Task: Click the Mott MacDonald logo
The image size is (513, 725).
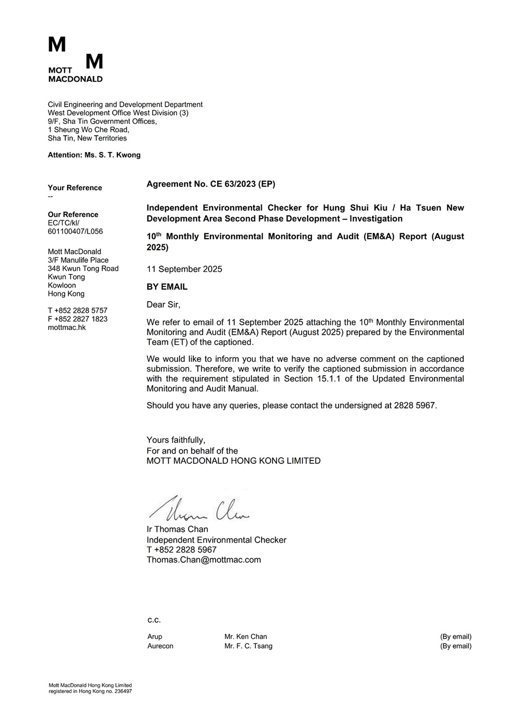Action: [x=76, y=59]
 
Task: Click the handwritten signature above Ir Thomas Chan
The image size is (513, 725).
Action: [x=200, y=509]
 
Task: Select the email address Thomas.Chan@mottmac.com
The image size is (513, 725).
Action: [x=204, y=560]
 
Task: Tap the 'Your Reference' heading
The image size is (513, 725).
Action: [x=75, y=188]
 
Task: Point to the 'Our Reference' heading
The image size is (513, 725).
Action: [x=73, y=214]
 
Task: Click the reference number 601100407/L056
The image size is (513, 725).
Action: [x=76, y=232]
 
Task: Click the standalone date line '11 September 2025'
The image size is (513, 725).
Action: [x=185, y=269]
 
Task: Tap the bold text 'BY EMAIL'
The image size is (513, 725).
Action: [x=167, y=287]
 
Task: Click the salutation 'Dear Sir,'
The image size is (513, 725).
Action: [x=163, y=304]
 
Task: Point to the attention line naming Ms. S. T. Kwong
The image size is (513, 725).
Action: [x=94, y=155]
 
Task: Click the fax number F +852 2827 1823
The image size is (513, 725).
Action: [x=78, y=319]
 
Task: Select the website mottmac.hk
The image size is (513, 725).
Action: [x=67, y=327]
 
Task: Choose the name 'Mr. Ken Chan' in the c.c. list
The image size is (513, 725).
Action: [x=246, y=637]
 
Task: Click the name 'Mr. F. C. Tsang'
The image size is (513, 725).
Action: [x=248, y=646]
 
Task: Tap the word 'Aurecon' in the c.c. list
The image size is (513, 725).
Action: [x=160, y=646]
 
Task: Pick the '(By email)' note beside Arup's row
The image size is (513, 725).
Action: [x=456, y=637]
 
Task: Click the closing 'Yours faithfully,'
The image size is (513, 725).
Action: [x=176, y=440]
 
